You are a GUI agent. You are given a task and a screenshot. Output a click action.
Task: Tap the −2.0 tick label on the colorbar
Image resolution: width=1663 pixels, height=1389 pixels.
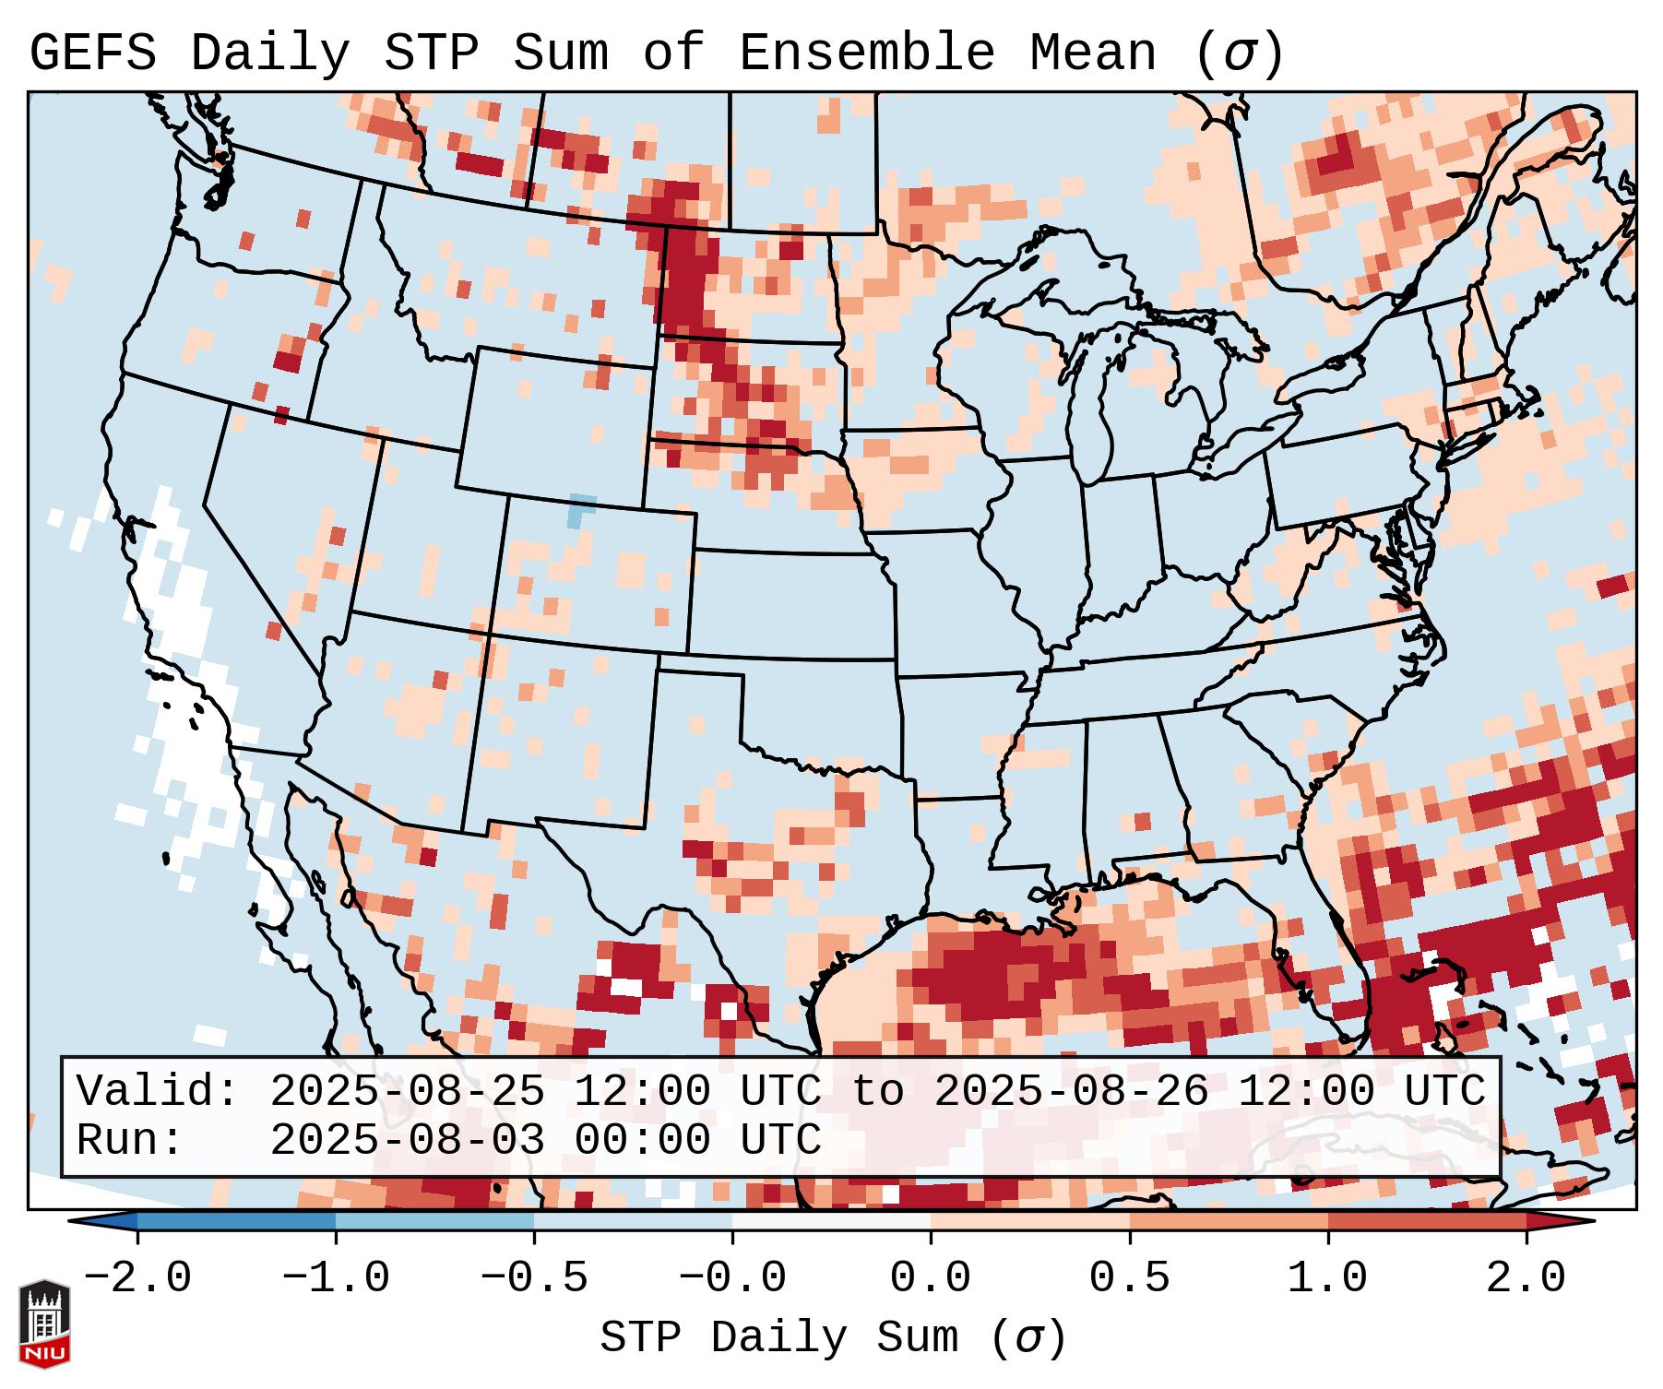point(137,1278)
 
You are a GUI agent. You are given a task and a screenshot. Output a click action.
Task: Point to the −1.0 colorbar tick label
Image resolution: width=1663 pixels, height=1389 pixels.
point(336,1278)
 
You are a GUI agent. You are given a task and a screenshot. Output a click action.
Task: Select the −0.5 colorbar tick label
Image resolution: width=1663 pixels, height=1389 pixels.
point(534,1278)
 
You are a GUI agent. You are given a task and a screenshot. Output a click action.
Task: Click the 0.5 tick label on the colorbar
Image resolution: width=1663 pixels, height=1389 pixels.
point(1129,1278)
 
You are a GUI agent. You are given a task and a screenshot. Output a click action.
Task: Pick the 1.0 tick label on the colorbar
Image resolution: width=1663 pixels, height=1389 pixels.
point(1327,1278)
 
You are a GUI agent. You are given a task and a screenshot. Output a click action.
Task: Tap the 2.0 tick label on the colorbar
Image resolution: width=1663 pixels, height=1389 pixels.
point(1526,1278)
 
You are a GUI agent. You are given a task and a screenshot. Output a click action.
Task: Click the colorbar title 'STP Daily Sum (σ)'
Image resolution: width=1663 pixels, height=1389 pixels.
point(833,1338)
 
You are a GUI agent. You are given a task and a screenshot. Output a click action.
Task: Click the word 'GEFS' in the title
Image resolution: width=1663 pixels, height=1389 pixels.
point(93,53)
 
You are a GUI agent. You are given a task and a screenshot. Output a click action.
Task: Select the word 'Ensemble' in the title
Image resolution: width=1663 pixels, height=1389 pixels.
point(866,53)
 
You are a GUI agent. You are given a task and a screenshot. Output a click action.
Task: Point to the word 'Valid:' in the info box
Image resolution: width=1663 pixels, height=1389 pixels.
point(158,1092)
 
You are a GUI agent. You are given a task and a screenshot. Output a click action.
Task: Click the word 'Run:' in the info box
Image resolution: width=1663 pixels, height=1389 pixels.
point(130,1141)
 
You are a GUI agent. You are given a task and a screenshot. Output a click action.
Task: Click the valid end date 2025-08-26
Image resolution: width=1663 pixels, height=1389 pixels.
point(1071,1092)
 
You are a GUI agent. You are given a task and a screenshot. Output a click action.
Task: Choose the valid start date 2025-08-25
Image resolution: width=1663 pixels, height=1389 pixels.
point(407,1092)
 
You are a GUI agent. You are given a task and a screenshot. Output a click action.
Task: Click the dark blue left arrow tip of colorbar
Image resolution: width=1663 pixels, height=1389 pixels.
point(88,1221)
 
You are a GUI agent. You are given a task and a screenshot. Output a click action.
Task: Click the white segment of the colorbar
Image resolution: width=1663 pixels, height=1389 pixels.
point(831,1221)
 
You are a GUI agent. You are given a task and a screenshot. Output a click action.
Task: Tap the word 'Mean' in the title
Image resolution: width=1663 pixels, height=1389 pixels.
point(1092,53)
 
